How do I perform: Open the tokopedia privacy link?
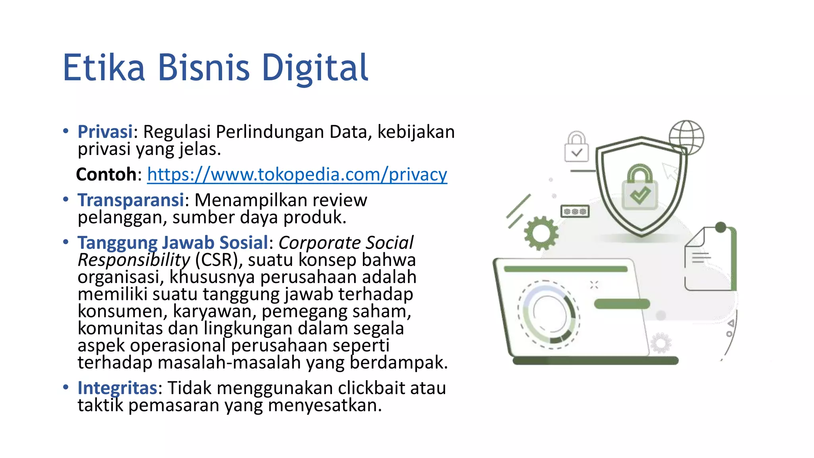coord(297,175)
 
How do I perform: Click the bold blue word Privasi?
coord(105,132)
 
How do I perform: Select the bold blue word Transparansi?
coord(131,200)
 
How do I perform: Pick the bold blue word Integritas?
coord(117,388)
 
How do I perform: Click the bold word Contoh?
coord(106,175)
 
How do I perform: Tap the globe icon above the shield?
coord(686,137)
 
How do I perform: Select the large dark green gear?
coord(541,233)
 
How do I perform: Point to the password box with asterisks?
coord(575,212)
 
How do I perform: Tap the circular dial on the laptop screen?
coord(548,314)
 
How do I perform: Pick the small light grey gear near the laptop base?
coord(661,343)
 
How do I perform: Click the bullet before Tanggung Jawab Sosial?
coord(66,242)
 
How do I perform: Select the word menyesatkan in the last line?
coord(325,406)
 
